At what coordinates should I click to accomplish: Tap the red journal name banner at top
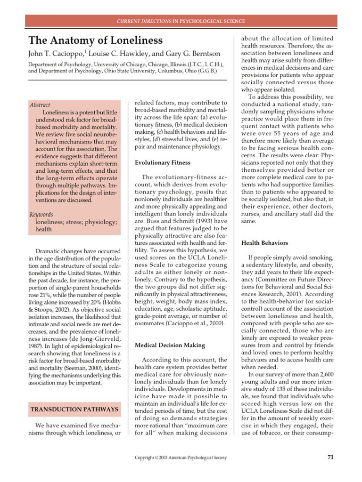(181, 21)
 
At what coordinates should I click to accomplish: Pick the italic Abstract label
(40, 105)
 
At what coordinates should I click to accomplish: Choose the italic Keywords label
(41, 214)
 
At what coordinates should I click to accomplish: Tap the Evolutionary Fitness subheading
(163, 162)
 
